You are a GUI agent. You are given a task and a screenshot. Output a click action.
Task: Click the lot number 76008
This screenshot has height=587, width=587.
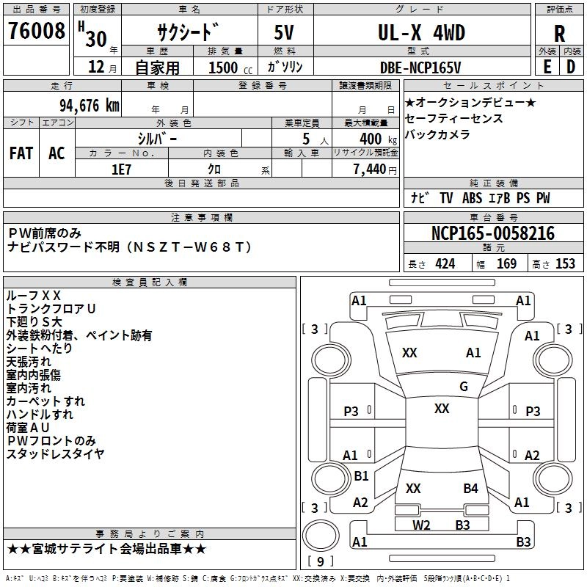pos(35,32)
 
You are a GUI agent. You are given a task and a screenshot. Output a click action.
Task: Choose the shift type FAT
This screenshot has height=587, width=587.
pos(21,153)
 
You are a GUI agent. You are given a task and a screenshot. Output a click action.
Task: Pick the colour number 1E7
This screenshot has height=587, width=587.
pos(121,169)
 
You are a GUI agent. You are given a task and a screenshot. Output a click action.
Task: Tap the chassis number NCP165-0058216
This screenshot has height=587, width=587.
pos(492,233)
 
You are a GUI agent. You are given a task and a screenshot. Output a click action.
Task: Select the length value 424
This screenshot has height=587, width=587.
pos(445,263)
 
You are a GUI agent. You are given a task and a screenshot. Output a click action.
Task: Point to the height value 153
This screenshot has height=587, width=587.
pos(565,263)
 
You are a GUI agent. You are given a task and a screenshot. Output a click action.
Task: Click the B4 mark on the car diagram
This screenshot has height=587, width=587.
pos(470,488)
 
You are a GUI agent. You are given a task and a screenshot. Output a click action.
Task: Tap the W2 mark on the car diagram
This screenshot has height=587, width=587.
pos(420,525)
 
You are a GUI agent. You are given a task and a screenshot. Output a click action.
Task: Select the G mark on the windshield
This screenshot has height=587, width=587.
pos(463,387)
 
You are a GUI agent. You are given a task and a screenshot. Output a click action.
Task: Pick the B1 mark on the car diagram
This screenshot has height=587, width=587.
pos(361,476)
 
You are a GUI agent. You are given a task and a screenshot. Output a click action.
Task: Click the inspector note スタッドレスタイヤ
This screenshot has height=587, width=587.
pos(55,454)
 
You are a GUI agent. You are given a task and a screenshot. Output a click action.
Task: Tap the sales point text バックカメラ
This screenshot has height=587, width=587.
pos(437,135)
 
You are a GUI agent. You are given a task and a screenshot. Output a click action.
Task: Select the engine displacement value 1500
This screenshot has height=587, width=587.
pos(223,68)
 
